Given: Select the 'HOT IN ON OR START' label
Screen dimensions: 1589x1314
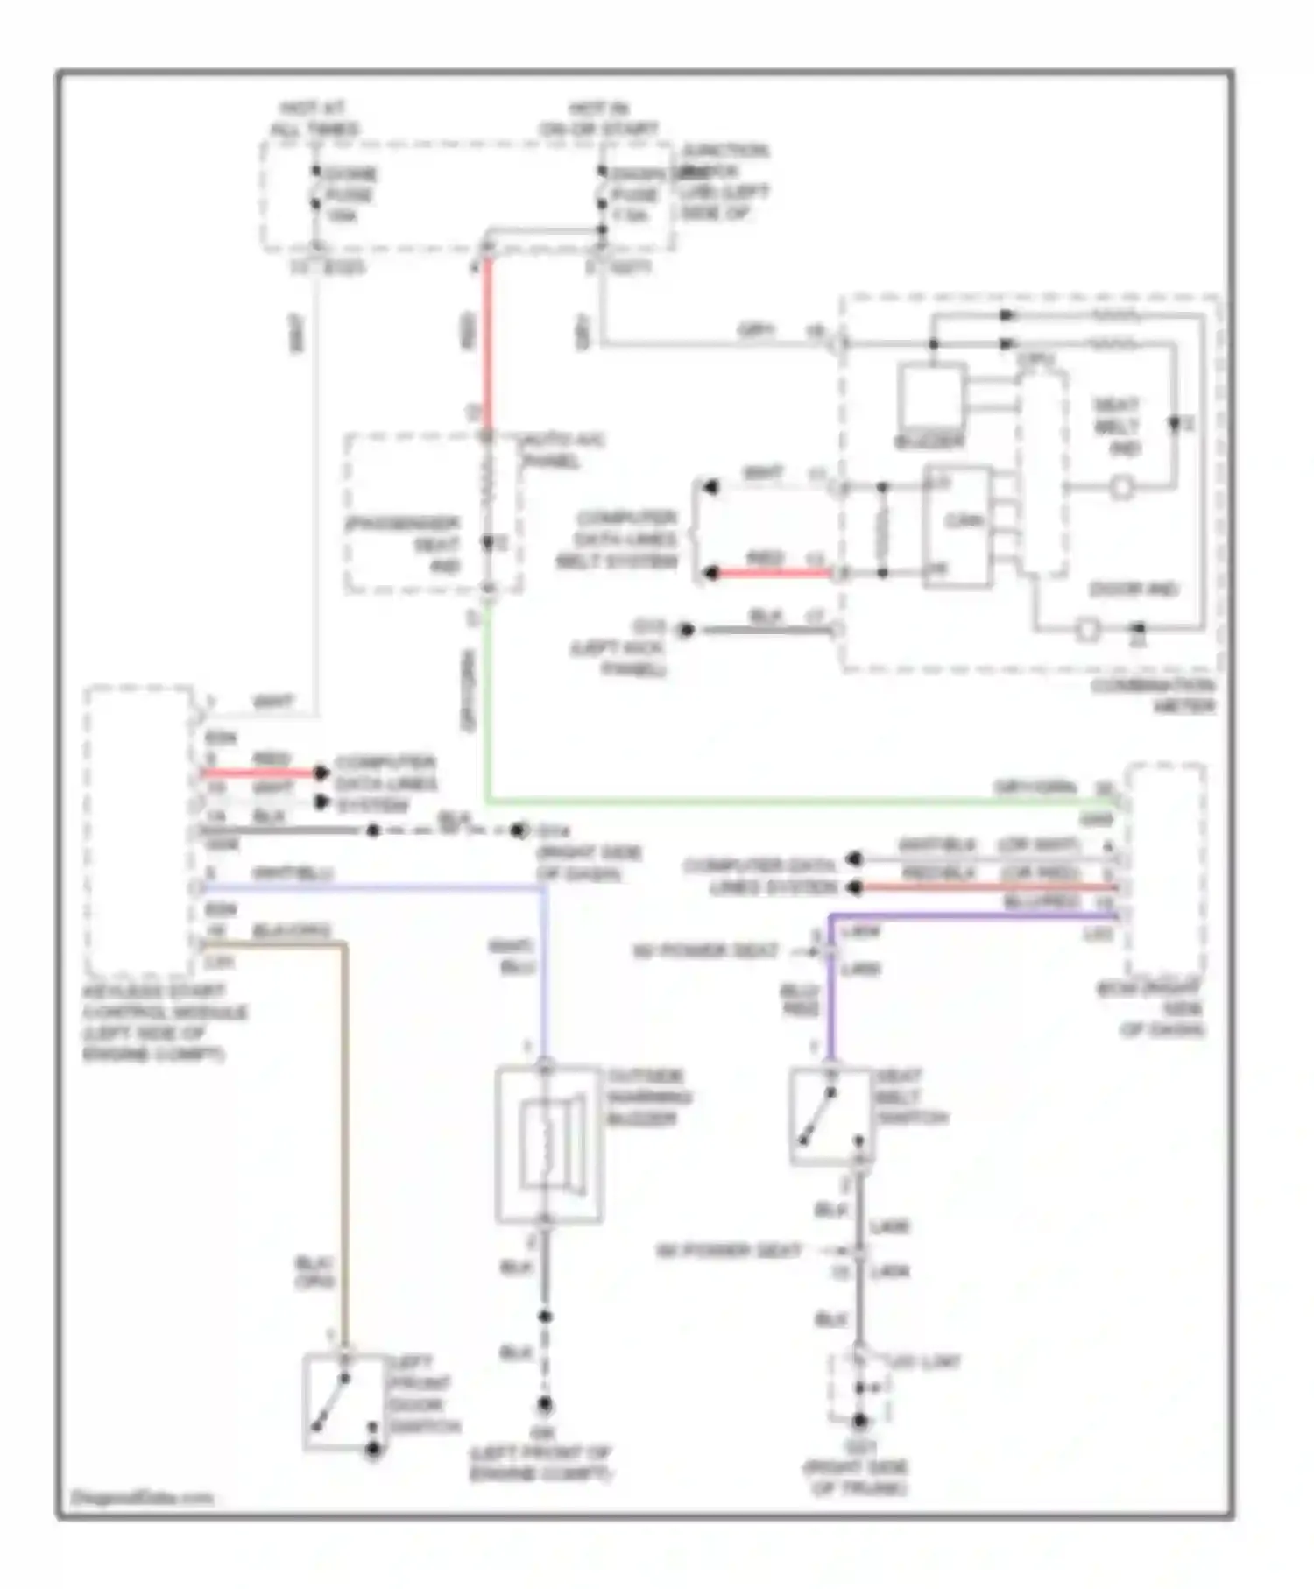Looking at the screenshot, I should tap(599, 119).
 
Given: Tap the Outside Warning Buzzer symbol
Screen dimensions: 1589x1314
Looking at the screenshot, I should tap(548, 1143).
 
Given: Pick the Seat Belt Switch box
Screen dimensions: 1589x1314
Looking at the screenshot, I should tap(830, 1117).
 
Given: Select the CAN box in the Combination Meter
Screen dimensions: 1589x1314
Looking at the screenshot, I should tap(957, 526).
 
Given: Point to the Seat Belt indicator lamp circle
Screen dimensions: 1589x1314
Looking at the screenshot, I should tap(1121, 488).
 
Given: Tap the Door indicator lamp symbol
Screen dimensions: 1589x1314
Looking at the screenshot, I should tap(1087, 629).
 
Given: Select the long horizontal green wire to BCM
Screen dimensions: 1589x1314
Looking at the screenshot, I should tap(788, 801).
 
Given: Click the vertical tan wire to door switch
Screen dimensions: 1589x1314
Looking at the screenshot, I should tap(345, 1139).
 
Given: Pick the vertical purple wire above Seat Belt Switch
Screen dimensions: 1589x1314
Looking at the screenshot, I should tap(829, 990).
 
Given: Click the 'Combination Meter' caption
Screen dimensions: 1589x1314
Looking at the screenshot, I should tap(1153, 696).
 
